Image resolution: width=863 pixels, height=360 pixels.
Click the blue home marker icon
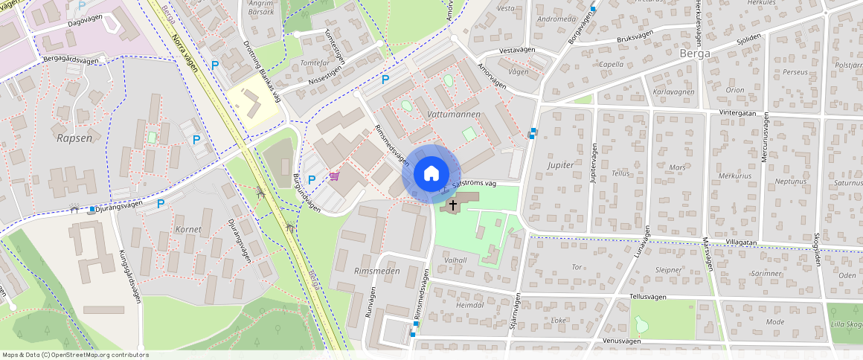(x=431, y=174)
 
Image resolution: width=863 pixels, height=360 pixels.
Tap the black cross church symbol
(x=452, y=204)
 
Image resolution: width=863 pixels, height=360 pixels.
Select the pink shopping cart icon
(x=336, y=176)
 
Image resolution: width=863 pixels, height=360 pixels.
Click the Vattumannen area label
(x=454, y=115)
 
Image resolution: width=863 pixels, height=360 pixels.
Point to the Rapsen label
(x=74, y=138)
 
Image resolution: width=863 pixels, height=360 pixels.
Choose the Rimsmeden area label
(x=377, y=271)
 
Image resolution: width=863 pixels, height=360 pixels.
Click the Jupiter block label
(x=560, y=164)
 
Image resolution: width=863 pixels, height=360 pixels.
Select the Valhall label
(x=454, y=260)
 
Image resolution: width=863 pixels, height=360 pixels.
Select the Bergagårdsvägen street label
(x=71, y=61)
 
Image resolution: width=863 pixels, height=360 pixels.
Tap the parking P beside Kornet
(x=160, y=203)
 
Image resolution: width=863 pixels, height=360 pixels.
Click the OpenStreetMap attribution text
(x=74, y=355)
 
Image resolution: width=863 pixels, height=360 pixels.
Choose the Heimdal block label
(x=469, y=305)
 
